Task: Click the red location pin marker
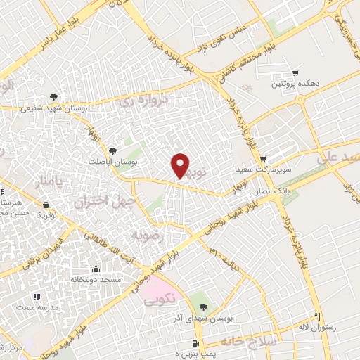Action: point(181,165)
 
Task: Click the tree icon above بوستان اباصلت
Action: point(112,150)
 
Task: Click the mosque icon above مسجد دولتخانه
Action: point(96,269)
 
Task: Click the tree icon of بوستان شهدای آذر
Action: point(203,307)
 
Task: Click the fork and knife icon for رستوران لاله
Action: point(317,316)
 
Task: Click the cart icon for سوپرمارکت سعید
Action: point(263,159)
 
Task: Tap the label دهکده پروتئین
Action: point(295,84)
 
